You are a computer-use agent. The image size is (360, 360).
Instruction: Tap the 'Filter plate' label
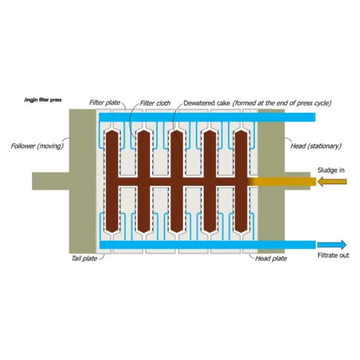[x=104, y=103]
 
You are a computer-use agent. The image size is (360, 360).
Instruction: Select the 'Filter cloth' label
[x=155, y=103]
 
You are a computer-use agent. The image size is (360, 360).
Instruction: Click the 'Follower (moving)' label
[x=38, y=146]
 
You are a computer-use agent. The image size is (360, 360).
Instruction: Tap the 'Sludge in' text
[x=331, y=170]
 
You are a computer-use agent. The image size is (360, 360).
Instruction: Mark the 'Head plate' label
[x=271, y=259]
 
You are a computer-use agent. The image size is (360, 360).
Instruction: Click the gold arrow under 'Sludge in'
[x=332, y=181]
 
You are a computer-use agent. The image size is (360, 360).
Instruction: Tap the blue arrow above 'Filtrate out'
[x=332, y=244]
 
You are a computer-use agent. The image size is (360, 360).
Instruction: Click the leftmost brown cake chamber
[x=112, y=180]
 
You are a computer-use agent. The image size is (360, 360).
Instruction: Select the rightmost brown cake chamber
[x=241, y=180]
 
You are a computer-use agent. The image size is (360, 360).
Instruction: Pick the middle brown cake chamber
[x=176, y=180]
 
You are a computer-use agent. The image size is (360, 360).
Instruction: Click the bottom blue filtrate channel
[x=204, y=244]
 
